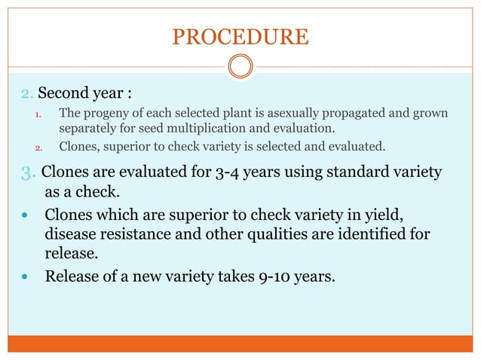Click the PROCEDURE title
240,36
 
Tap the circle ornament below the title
240,68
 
